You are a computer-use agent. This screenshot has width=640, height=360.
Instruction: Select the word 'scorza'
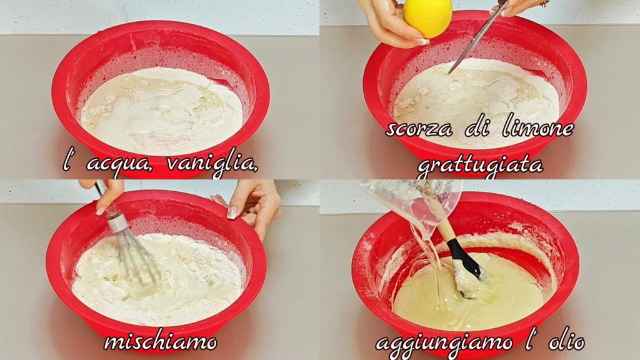click(x=419, y=129)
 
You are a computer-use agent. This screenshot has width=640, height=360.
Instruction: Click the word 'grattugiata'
click(x=480, y=165)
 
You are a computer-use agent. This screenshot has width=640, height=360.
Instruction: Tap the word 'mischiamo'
click(x=161, y=341)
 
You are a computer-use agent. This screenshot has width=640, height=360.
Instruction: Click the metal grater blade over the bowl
click(x=477, y=39)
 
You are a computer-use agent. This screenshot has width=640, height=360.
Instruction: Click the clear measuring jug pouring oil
click(x=412, y=202)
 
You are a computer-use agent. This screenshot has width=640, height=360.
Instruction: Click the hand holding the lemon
click(x=390, y=22)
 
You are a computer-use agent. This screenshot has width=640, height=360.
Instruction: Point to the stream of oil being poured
click(x=431, y=261)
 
